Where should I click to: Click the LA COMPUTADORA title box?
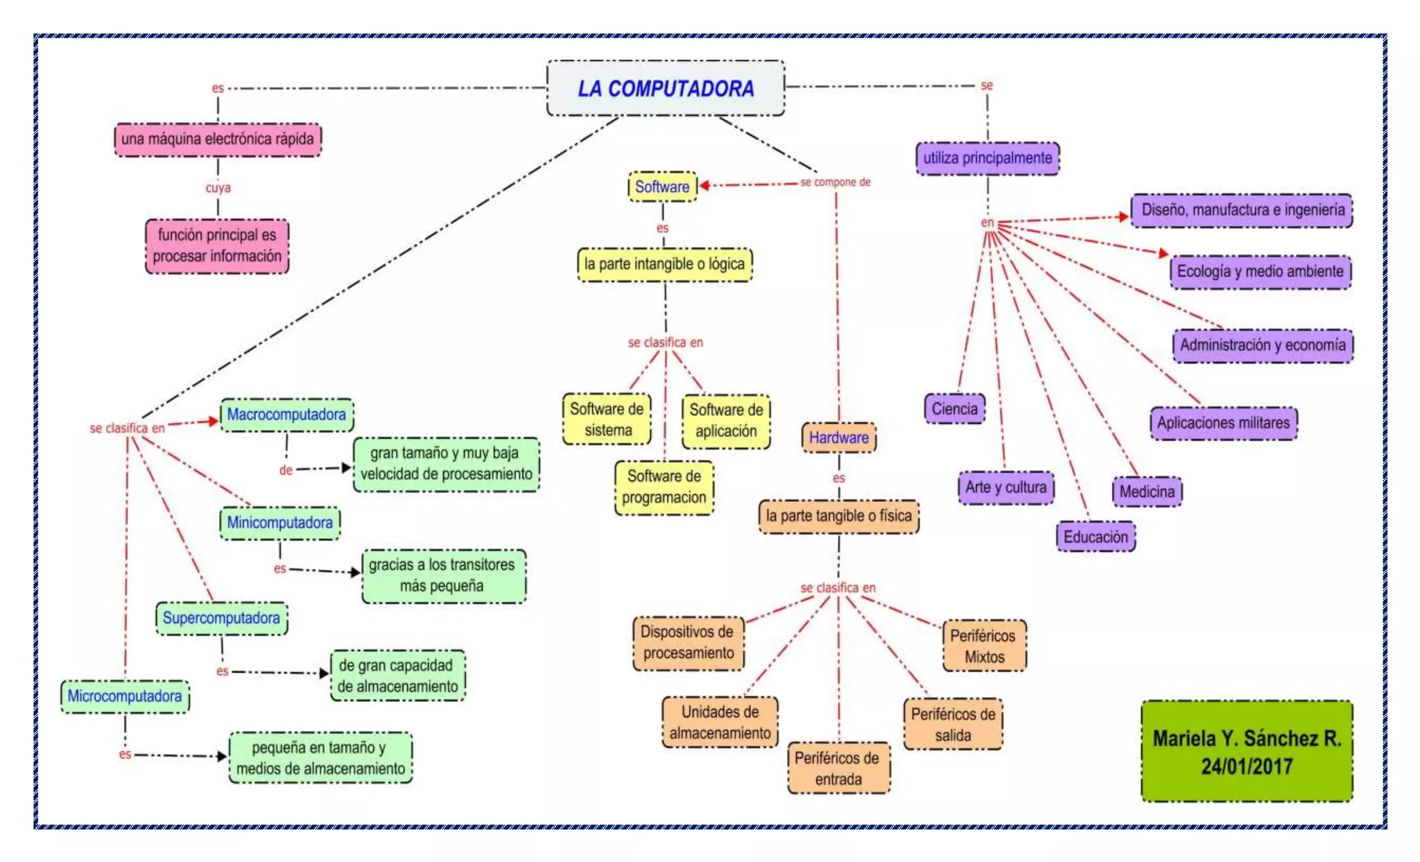coord(666,88)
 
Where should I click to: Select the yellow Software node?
coord(662,187)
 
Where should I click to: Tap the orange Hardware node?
coord(838,438)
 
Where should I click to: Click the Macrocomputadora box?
coord(286,415)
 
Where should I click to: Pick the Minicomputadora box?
coord(280,522)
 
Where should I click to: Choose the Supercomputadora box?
coord(221,618)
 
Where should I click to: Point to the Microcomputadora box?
coord(125,696)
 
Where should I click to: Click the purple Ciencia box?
coord(954,408)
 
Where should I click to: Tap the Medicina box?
coord(1147,492)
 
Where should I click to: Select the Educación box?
coord(1096,537)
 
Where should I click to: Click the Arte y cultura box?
coord(1005,488)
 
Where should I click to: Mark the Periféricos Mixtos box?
coord(983,646)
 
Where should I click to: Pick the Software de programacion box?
coord(664,487)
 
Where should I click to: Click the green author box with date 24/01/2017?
coord(1246,751)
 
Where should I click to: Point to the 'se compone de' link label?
coord(835,182)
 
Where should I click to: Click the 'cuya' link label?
coord(218,188)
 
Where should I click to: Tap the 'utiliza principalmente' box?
coord(987,158)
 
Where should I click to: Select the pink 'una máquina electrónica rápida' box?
coord(217,139)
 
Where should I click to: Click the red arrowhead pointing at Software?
coord(704,185)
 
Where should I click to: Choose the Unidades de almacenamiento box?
coord(720,723)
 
